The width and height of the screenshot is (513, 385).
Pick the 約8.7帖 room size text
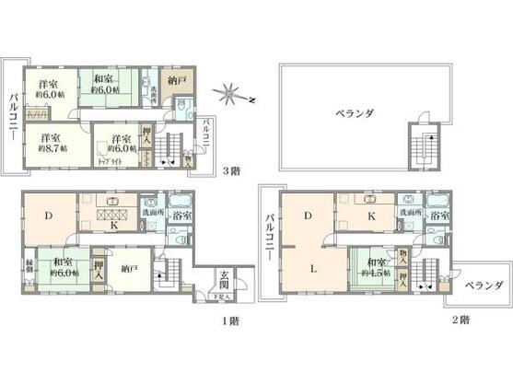[42, 146]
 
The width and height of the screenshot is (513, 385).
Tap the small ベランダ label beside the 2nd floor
[483, 286]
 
